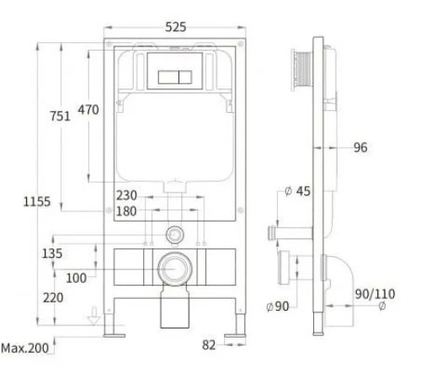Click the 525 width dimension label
pos(176,27)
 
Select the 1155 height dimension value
pos(37,201)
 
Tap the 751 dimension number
pos(60,116)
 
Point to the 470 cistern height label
pos(88,109)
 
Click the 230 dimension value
pos(126,195)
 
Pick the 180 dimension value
pos(126,211)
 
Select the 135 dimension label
pos(52,254)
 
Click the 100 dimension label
pos(76,278)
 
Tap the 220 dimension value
pos(53,297)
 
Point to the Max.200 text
pos(25,349)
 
